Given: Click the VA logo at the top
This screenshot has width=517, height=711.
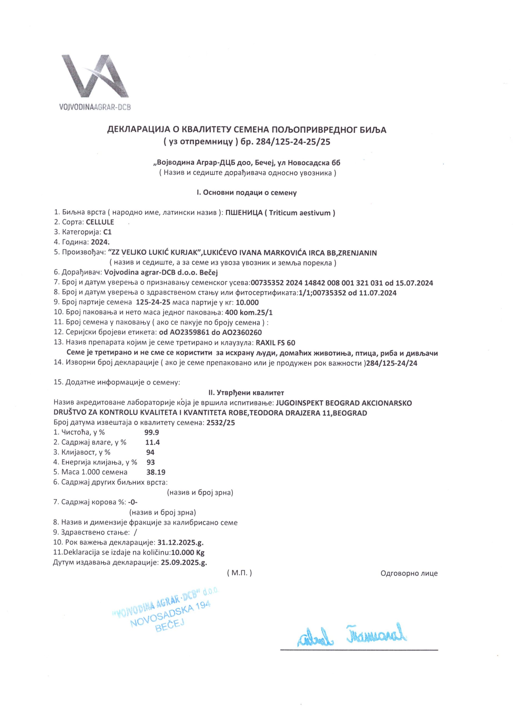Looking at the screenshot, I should coord(94,82).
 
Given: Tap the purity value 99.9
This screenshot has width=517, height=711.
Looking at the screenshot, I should coord(152,432).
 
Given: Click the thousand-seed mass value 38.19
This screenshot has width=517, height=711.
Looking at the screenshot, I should coord(156,472).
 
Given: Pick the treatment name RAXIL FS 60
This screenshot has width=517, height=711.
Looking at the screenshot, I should coord(276,343).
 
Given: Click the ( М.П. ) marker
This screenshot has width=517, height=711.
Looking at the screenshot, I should coord(239,573).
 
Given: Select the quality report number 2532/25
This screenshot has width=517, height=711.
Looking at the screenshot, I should coord(221,422).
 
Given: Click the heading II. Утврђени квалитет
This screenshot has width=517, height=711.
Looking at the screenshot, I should coord(246,392).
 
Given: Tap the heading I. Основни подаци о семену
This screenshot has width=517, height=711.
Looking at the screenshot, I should coord(247,193).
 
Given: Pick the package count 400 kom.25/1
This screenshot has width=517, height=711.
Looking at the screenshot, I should coord(249,312).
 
